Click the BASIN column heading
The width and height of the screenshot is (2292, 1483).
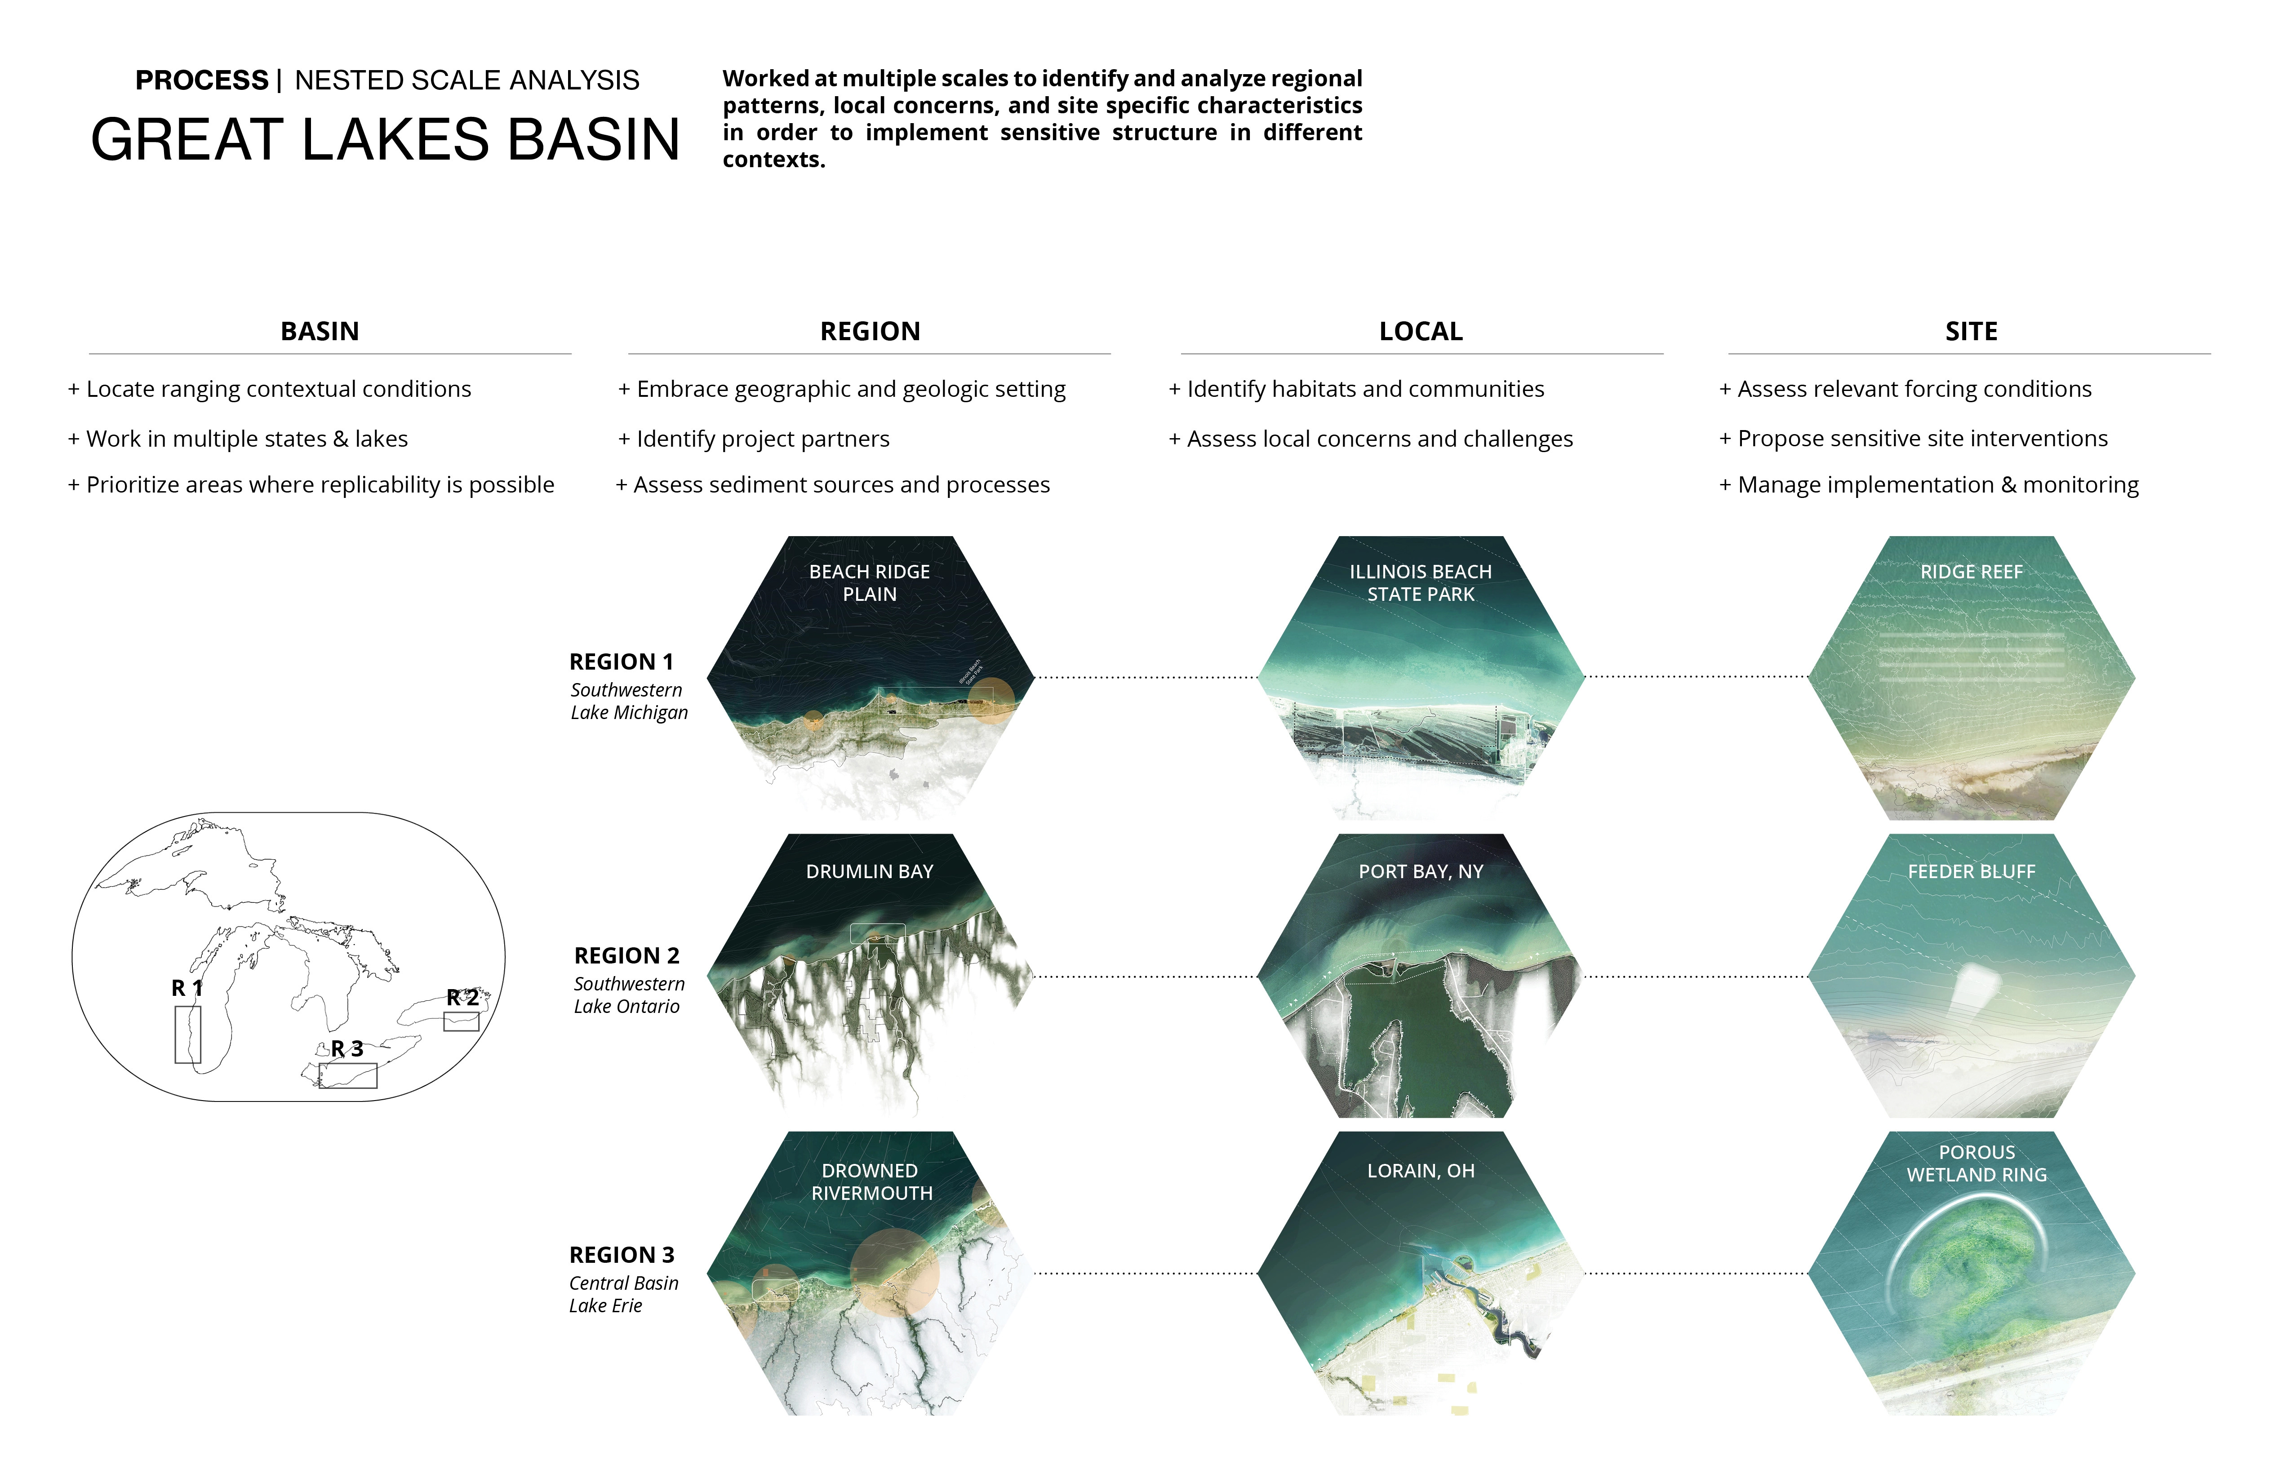320,331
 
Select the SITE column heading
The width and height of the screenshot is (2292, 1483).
1971,331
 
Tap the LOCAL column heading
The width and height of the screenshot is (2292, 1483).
1421,331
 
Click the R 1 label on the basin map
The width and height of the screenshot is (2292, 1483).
187,988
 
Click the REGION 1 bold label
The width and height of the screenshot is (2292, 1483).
621,662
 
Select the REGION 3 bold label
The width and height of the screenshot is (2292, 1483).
622,1255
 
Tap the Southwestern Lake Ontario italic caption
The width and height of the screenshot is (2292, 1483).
629,995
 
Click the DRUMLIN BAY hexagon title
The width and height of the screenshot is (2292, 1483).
870,871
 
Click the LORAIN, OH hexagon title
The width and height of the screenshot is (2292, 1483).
1421,1171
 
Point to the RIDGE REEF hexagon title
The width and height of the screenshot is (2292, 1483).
1971,572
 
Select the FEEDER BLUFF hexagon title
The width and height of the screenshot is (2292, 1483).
1971,871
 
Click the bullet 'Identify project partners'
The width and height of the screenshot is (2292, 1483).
754,439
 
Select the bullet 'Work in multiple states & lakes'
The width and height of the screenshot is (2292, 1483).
238,439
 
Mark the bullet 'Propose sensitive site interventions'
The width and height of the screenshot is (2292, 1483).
1914,439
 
